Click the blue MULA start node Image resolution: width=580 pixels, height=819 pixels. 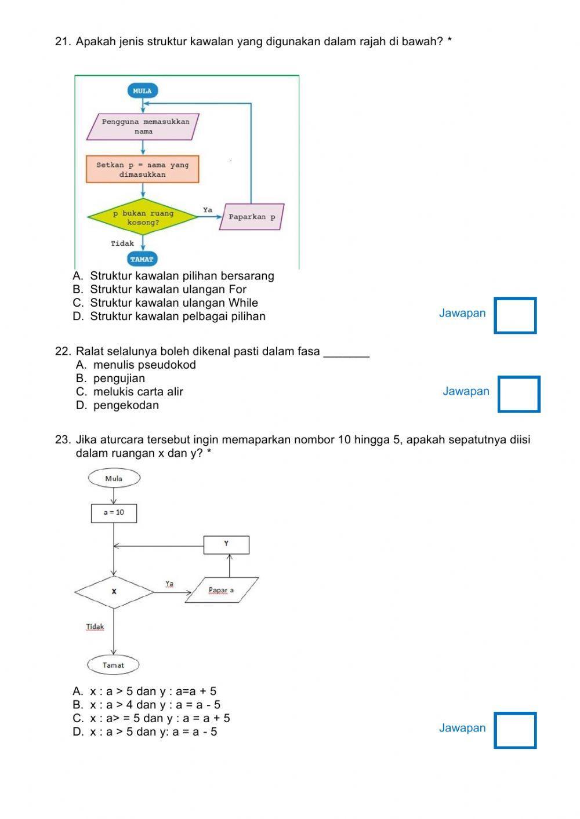[142, 91]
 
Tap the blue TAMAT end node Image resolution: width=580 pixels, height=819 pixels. [142, 259]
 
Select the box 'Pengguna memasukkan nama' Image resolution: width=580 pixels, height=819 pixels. [143, 126]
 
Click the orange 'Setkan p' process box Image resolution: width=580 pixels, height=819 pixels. [142, 169]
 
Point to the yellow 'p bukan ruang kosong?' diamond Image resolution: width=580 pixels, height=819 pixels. [143, 218]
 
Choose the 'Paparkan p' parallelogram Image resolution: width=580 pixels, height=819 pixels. [252, 217]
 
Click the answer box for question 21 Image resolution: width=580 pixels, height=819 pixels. [515, 315]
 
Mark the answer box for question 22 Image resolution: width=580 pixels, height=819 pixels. [519, 394]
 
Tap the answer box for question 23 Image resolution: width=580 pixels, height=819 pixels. [515, 730]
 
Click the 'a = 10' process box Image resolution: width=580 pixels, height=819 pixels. [114, 513]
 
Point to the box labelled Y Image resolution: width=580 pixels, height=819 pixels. [226, 544]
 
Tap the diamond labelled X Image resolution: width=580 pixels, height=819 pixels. [114, 592]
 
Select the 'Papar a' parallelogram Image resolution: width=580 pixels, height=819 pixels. [222, 590]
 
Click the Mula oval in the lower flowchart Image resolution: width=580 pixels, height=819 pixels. [114, 479]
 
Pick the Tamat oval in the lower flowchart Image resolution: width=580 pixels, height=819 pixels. [114, 665]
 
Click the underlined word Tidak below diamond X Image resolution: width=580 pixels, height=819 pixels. [95, 627]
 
